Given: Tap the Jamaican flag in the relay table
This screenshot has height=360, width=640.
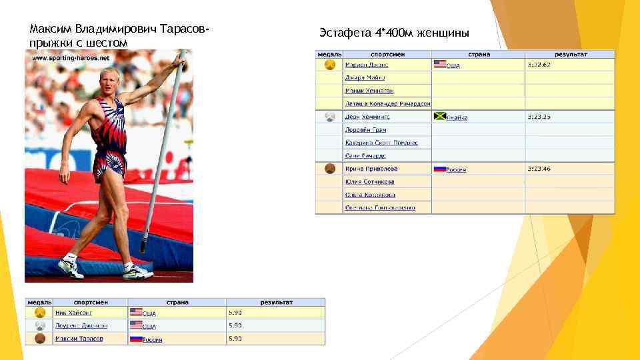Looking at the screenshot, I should coord(439,116).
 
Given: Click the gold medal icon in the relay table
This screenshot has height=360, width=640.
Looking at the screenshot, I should coord(329,65).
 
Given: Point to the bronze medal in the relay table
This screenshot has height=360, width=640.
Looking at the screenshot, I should coord(329,169).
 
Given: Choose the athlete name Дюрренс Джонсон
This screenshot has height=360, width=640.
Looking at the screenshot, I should coord(81,325).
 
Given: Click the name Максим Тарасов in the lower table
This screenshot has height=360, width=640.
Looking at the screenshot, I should coord(79,339).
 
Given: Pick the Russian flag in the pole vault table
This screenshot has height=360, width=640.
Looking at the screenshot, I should coord(136,339).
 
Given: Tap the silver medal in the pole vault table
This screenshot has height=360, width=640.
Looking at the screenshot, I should coord(39,325).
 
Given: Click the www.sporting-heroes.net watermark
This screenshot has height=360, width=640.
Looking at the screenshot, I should coord(71,58).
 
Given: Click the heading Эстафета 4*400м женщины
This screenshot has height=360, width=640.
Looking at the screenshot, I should coord(395,33).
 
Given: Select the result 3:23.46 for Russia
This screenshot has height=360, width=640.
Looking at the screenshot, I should coord(539,169).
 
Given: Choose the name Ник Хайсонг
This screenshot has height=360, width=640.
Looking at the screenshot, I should coord(73,312).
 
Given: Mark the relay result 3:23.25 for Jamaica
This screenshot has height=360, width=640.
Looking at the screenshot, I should coord(539,116).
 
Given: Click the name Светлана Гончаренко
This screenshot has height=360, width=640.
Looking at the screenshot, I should coord(380,207).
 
